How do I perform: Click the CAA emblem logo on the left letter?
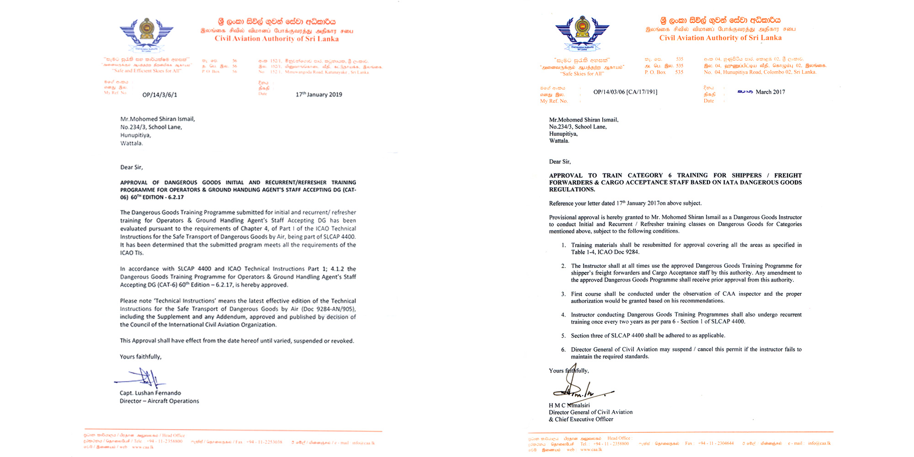tap(146, 33)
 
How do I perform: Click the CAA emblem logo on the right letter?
tap(582, 32)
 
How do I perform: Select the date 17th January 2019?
tap(319, 95)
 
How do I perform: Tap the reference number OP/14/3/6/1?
tap(159, 95)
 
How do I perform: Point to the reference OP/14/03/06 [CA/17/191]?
tap(625, 92)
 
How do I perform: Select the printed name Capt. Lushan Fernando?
tap(150, 393)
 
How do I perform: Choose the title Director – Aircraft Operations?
tap(159, 401)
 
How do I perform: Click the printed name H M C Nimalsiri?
tap(569, 405)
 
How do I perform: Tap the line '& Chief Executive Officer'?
tap(581, 420)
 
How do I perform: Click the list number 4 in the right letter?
tap(563, 315)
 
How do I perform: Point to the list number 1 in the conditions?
tap(563, 245)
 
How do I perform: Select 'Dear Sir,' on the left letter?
tap(131, 167)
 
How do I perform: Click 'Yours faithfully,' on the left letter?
tap(140, 357)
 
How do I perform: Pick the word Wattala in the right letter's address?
tap(559, 141)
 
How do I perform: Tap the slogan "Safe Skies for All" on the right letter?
tap(582, 74)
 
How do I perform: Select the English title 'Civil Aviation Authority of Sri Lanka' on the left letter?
tap(276, 39)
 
